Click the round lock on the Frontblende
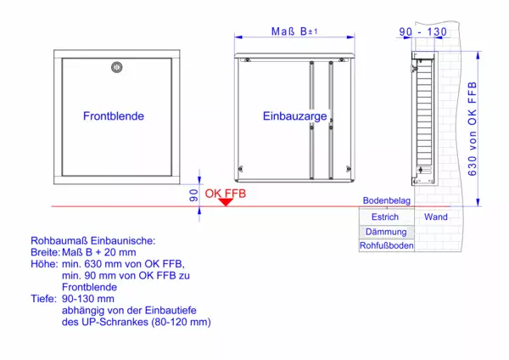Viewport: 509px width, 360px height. pyautogui.click(x=117, y=67)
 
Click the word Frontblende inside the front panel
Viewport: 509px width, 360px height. pyautogui.click(x=114, y=116)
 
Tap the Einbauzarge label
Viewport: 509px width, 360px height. pyautogui.click(x=294, y=116)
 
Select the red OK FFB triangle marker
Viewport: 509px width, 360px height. pyautogui.click(x=226, y=202)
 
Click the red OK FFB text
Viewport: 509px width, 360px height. pyautogui.click(x=226, y=194)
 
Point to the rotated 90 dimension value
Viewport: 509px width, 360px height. pyautogui.click(x=193, y=195)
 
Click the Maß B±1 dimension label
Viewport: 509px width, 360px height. pyautogui.click(x=294, y=31)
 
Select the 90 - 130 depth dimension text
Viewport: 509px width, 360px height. pyautogui.click(x=422, y=32)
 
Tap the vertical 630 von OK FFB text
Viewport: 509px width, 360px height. pyautogui.click(x=473, y=129)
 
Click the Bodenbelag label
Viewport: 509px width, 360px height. pyautogui.click(x=387, y=200)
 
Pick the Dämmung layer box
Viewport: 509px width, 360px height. pyautogui.click(x=387, y=232)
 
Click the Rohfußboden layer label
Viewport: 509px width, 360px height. pyautogui.click(x=387, y=245)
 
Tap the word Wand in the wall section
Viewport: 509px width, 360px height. pyautogui.click(x=436, y=217)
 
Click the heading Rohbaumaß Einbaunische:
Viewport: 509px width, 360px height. pyautogui.click(x=93, y=241)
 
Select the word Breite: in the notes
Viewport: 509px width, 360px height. pyautogui.click(x=46, y=252)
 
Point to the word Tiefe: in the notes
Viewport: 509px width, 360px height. pyautogui.click(x=44, y=299)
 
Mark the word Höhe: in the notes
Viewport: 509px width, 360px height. pyautogui.click(x=44, y=264)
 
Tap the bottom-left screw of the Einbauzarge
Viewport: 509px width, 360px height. pyautogui.click(x=241, y=169)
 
